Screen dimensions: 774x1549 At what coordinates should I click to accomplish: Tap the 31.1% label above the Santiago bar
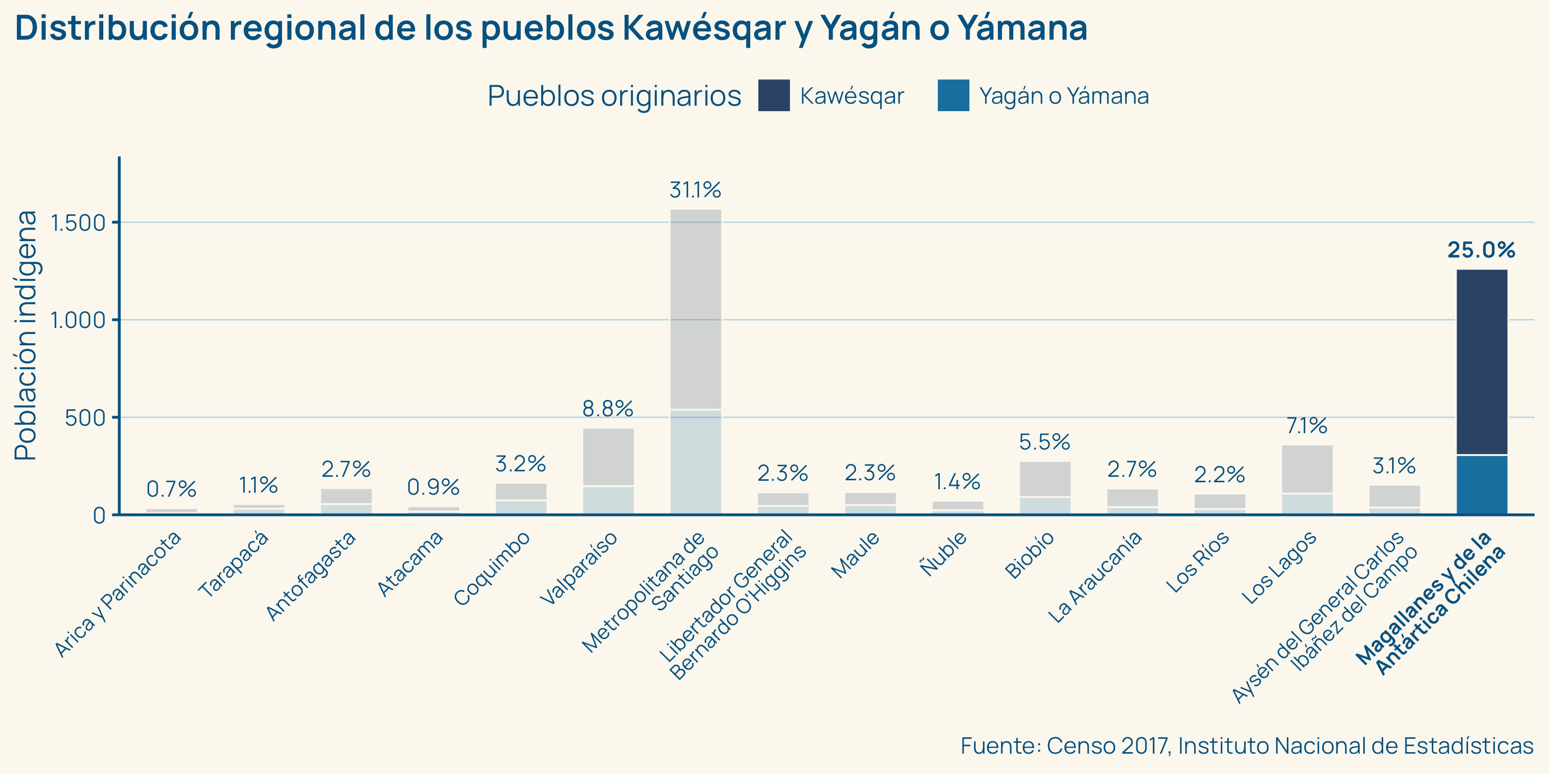pyautogui.click(x=695, y=191)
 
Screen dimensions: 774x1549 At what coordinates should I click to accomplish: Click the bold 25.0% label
pyautogui.click(x=1481, y=250)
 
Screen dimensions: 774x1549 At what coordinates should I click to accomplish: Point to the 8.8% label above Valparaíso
pyautogui.click(x=608, y=409)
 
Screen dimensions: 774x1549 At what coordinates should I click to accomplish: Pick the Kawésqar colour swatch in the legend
pyautogui.click(x=774, y=96)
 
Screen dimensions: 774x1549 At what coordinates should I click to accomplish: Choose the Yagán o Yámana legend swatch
pyautogui.click(x=953, y=96)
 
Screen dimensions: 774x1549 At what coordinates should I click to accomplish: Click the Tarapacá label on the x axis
pyautogui.click(x=233, y=565)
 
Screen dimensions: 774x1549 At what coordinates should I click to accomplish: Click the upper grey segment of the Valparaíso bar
pyautogui.click(x=608, y=456)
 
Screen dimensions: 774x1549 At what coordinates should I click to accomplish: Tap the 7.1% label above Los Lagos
pyautogui.click(x=1307, y=426)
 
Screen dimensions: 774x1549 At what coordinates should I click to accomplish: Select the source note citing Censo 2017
pyautogui.click(x=1247, y=746)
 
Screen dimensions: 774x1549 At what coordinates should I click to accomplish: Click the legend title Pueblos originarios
pyautogui.click(x=614, y=96)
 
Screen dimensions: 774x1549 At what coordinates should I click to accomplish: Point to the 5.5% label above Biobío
pyautogui.click(x=1045, y=442)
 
